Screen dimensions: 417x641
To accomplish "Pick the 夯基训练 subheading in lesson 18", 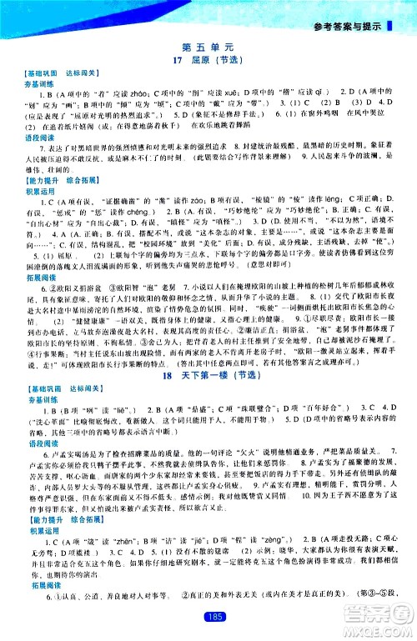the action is [x=38, y=402].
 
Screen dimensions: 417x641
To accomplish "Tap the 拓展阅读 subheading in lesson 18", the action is [x=38, y=607].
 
